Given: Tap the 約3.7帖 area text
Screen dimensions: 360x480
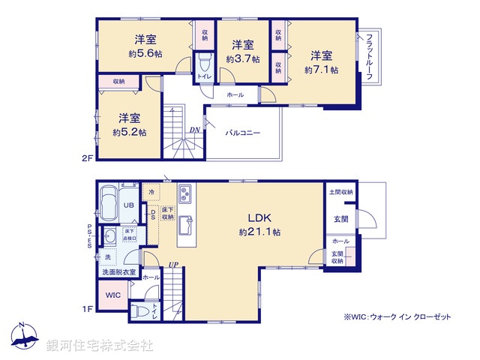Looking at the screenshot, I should tap(244, 58).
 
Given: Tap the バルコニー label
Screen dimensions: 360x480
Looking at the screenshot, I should tap(244, 133).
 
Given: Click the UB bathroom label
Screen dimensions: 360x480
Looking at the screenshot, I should tap(128, 205).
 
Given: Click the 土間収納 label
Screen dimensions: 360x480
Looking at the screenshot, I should tap(340, 193).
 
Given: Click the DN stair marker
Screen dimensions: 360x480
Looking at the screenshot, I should tap(194, 130).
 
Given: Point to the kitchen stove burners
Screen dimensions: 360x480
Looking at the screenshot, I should tap(185, 194).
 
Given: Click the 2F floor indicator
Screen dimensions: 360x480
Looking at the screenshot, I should tap(87, 158).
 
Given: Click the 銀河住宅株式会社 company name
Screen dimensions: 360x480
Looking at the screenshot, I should tap(100, 346).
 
